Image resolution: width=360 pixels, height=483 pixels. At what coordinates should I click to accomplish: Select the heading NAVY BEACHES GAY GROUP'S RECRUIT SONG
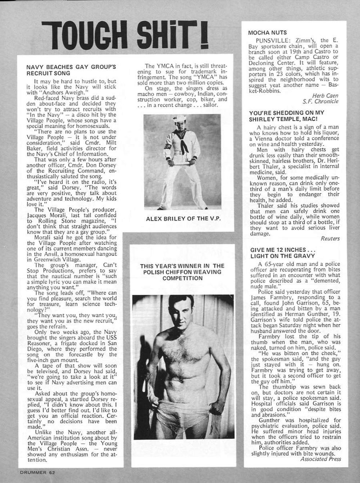pos(71,70)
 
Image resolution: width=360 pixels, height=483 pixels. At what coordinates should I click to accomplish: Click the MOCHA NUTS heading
pos(262,32)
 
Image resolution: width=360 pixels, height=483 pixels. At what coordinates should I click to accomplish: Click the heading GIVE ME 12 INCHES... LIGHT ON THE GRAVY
pos(277,252)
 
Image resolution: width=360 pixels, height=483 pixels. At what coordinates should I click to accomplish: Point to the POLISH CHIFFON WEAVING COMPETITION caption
pos(182,272)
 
